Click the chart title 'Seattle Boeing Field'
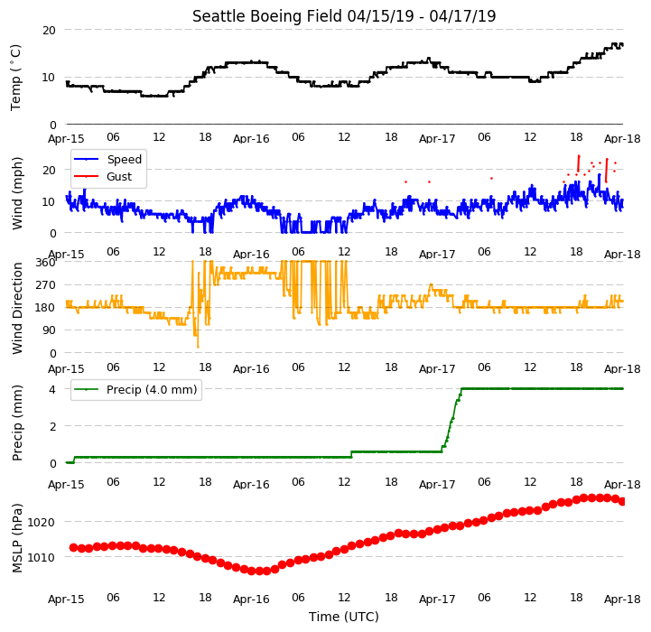[x=267, y=16]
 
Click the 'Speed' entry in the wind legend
[x=124, y=160]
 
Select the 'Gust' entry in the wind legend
[x=119, y=176]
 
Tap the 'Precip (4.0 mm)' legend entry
[x=152, y=390]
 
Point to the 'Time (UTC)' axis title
[x=344, y=617]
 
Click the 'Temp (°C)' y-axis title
[x=15, y=78]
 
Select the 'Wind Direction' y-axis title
[x=17, y=308]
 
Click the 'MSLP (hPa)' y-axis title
[x=17, y=538]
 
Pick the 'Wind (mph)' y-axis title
[x=17, y=193]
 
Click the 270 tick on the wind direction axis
[x=46, y=285]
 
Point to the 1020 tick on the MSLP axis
[x=42, y=522]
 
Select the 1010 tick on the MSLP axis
[x=42, y=557]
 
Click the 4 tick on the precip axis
[x=52, y=389]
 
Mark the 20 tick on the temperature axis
[x=49, y=31]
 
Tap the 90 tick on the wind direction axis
[x=49, y=330]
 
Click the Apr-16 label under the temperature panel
[x=251, y=139]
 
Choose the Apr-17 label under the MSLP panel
[x=437, y=599]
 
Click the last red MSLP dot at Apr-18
[x=622, y=502]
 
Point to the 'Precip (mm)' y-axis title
[x=17, y=423]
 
